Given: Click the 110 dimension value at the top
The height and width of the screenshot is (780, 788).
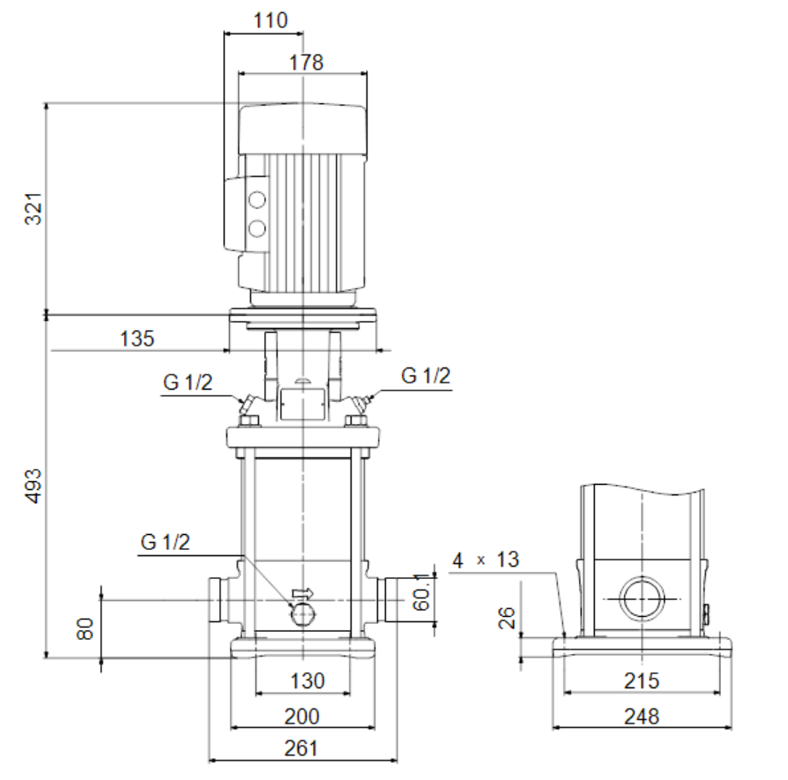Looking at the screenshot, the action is click(271, 20).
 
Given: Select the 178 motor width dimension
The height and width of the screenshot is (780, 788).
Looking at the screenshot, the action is click(306, 63).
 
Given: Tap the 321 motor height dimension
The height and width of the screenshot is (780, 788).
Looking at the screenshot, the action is click(33, 208).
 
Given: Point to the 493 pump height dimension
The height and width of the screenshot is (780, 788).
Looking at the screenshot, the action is click(33, 486).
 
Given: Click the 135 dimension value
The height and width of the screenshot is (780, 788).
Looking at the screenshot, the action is click(137, 338).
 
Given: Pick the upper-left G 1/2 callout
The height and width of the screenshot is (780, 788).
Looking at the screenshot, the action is click(188, 383).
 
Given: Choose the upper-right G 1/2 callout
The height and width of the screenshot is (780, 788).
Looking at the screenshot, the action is click(426, 376).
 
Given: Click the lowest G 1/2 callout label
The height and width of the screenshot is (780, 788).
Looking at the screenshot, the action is click(166, 542).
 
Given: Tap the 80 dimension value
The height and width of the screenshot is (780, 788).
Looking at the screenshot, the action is click(85, 628).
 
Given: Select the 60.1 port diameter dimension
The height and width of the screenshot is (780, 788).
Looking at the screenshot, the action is click(421, 592).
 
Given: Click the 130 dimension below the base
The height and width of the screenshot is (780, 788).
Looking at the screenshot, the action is click(308, 681).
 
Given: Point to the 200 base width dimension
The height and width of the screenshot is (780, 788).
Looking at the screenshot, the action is click(301, 717).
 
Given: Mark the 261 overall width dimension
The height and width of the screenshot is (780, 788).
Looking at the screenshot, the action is click(301, 748).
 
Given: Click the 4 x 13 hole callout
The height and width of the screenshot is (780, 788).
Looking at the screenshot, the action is click(486, 560).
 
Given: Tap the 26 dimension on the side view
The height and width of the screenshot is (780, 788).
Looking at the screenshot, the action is click(507, 618).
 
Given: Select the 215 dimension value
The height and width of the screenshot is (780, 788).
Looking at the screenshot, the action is click(642, 681).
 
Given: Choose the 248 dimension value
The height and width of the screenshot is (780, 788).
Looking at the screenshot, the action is click(642, 717).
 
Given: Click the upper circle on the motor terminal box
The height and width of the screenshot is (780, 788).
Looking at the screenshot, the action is click(256, 200).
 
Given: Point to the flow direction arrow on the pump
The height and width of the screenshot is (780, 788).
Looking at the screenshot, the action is click(302, 593).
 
